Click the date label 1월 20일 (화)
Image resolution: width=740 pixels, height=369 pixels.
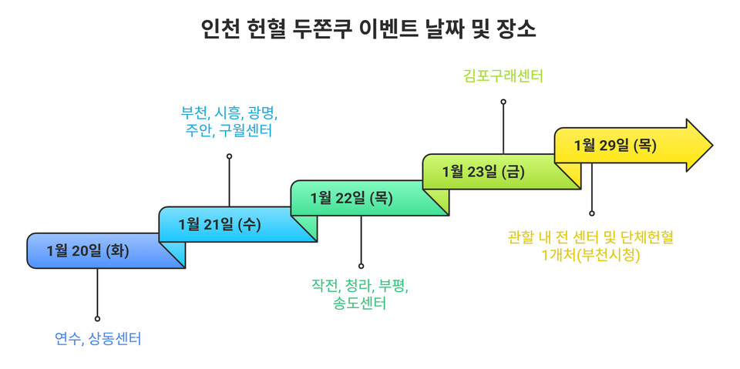coord(88,250)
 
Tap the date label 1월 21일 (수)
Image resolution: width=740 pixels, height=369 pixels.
coord(220,224)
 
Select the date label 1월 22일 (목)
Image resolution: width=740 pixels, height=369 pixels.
coord(351,198)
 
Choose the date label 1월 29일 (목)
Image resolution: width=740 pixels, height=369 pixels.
coord(615,146)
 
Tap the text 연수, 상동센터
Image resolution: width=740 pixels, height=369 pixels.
coord(98,338)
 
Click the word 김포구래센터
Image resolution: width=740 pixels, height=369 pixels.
coord(503,75)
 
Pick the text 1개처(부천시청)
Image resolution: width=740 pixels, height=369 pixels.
coord(591,254)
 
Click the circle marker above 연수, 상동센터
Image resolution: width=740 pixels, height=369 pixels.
coord(97,318)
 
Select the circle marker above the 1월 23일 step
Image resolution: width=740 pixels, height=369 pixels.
coord(503,101)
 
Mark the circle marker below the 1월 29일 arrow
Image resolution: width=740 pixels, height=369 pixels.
coord(592,213)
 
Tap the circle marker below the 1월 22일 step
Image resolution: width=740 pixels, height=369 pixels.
coord(361,266)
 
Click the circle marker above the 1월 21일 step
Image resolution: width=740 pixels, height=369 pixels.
coord(229,156)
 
